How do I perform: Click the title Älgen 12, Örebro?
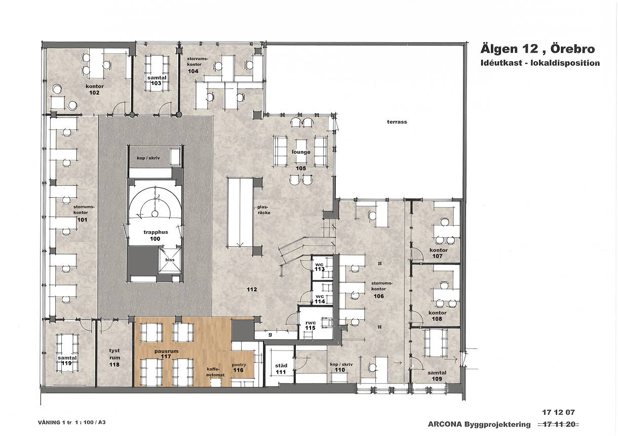pyautogui.click(x=538, y=49)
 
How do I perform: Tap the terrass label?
pyautogui.click(x=397, y=122)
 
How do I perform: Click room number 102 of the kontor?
pyautogui.click(x=94, y=93)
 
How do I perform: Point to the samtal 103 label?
pyautogui.click(x=157, y=80)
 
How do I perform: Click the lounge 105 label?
pyautogui.click(x=301, y=160)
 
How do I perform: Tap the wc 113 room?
pyautogui.click(x=322, y=267)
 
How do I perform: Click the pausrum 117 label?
pyautogui.click(x=166, y=354)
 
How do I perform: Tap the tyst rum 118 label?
pyautogui.click(x=114, y=358)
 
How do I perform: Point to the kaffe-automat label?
pyautogui.click(x=215, y=372)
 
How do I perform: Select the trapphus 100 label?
pyautogui.click(x=156, y=236)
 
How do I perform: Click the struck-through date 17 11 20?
pyautogui.click(x=559, y=424)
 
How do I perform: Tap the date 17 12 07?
pyautogui.click(x=558, y=412)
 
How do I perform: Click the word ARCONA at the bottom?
pyautogui.click(x=444, y=424)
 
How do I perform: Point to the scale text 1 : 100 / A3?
pyautogui.click(x=90, y=422)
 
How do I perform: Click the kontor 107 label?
pyautogui.click(x=438, y=253)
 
